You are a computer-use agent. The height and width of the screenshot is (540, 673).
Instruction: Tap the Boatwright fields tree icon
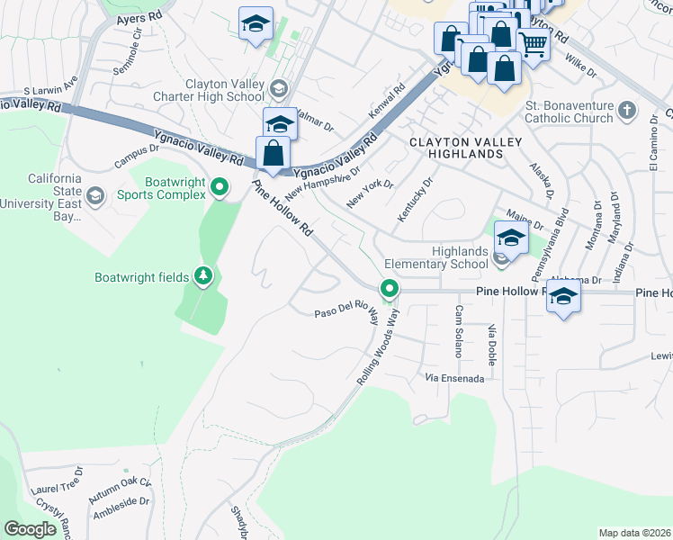point(203,275)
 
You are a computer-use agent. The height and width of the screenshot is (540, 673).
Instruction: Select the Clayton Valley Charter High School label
point(225,90)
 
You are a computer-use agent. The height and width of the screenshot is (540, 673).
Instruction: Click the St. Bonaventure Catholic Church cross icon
point(628,113)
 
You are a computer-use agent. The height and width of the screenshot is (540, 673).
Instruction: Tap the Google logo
point(31,529)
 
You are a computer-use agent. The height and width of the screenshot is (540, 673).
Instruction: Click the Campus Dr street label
point(136,156)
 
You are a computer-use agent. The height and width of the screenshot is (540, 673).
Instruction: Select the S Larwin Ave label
point(51,90)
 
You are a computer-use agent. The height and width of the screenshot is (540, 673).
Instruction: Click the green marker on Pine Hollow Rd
point(390,289)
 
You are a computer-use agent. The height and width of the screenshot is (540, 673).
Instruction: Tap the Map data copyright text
point(635,533)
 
